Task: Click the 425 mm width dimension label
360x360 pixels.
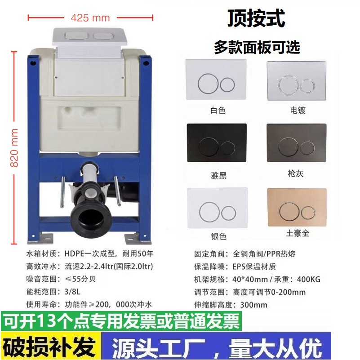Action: point(90,18)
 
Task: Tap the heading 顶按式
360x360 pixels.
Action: point(257,19)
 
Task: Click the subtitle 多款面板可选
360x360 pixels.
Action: point(257,46)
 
